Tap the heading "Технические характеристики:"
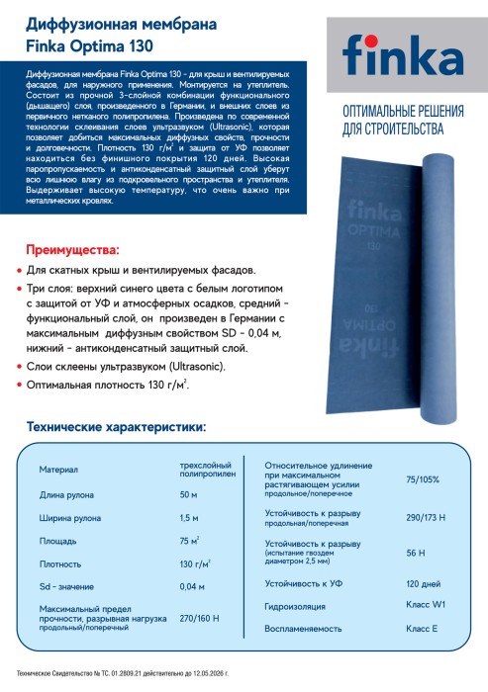click(x=116, y=427)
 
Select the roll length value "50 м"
click(x=188, y=494)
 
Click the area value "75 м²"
click(x=189, y=541)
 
